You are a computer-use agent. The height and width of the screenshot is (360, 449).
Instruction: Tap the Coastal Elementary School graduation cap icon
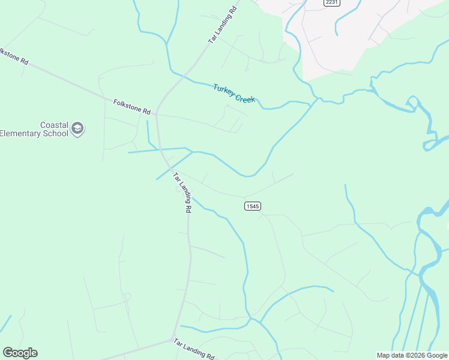coord(77,128)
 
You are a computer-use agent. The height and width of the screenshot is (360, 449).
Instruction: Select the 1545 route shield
coord(253,206)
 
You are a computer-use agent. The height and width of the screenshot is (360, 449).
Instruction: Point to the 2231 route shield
coord(331,3)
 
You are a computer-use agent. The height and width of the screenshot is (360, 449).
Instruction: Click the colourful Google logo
coord(20,353)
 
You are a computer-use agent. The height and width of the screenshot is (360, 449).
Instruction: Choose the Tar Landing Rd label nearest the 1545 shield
coord(182,193)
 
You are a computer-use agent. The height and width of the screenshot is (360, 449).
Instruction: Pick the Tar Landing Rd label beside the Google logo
coord(193,349)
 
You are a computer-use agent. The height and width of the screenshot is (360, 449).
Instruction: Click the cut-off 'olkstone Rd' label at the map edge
coord(13,56)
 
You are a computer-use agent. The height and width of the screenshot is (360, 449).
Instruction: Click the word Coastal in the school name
coord(54,125)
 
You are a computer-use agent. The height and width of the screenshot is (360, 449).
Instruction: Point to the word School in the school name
coord(55,133)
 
